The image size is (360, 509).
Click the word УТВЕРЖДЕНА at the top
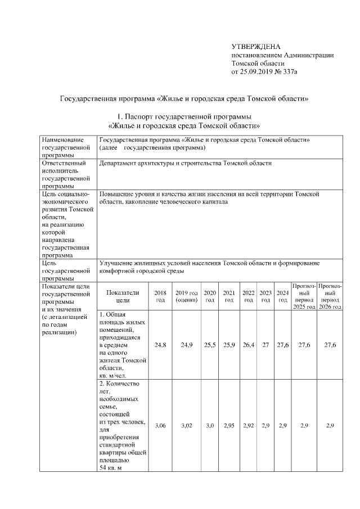coord(256,46)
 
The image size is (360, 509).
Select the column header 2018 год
coord(160,296)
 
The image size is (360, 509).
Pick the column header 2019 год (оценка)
coord(186,296)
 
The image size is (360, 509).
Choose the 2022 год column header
coord(248,296)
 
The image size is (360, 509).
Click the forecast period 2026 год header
coord(330,296)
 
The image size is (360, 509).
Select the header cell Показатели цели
coord(122,296)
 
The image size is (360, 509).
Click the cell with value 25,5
coord(210,345)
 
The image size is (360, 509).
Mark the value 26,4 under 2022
coord(248,345)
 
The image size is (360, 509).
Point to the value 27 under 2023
coord(265,345)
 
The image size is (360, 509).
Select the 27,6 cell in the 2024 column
coord(283,345)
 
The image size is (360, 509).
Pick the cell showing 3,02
coord(186,426)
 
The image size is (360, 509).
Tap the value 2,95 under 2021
coord(229,426)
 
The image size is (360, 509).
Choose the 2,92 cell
coord(248,426)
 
